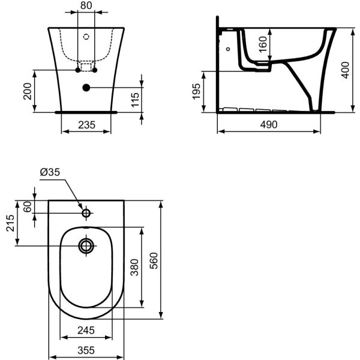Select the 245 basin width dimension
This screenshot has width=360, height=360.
[x=86, y=330]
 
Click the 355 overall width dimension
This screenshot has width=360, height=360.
[x=86, y=350]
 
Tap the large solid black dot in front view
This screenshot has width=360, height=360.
[x=86, y=88]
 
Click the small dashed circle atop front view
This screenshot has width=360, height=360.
[x=86, y=37]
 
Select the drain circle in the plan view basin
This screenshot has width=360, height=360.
[x=86, y=245]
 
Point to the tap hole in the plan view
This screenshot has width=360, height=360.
[x=86, y=213]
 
